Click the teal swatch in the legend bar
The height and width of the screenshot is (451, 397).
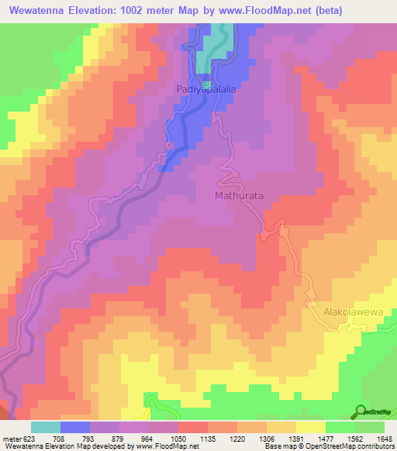[46, 426]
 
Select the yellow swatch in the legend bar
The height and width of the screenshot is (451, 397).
[310, 426]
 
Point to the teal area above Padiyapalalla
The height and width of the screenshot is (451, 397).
[205, 62]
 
